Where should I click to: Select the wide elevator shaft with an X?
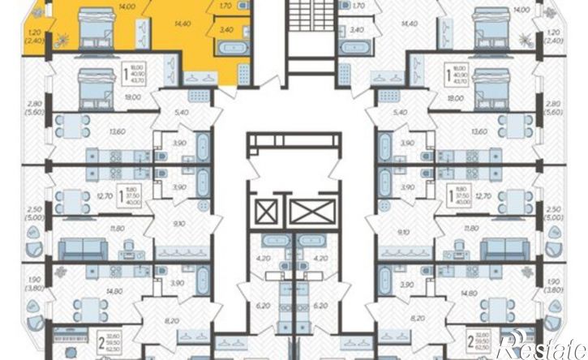pos(311,213)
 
